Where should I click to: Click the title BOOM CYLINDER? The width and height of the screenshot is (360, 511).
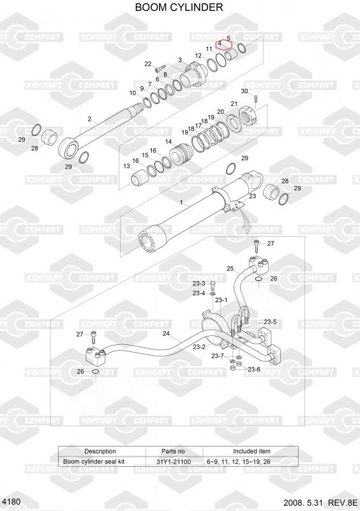tap(179, 7)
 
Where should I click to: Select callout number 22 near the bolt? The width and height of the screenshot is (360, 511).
tap(148, 64)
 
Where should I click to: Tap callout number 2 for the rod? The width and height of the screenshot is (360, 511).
tap(89, 119)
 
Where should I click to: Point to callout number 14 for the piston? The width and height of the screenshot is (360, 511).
tap(169, 142)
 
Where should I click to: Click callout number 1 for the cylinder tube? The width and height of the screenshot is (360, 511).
tap(181, 202)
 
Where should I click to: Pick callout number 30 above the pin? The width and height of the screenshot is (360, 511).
tap(244, 91)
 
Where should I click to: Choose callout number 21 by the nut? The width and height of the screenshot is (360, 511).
tap(234, 104)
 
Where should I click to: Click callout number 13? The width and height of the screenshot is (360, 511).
tap(127, 166)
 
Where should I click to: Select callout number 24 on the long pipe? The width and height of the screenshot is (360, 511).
tap(166, 333)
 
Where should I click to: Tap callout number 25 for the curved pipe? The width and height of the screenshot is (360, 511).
tap(230, 269)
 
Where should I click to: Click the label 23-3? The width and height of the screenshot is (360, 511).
tap(199, 284)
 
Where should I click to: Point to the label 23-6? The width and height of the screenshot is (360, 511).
tap(254, 369)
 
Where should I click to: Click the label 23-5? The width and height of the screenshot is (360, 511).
tap(270, 322)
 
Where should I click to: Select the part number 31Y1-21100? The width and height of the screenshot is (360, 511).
tap(174, 461)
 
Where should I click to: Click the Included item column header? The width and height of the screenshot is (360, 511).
tap(251, 452)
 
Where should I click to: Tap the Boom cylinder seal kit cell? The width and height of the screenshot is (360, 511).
tap(94, 461)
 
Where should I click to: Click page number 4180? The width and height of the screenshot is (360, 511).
tap(11, 501)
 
